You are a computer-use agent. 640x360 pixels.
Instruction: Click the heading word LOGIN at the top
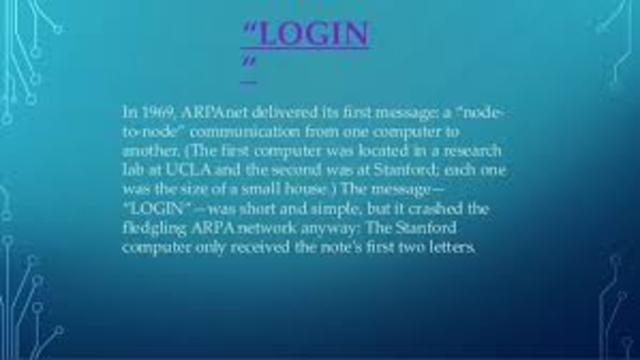pyautogui.click(x=312, y=36)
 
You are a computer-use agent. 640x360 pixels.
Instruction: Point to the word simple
pyautogui.click(x=354, y=203)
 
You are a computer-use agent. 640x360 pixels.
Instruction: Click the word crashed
pyautogui.click(x=453, y=203)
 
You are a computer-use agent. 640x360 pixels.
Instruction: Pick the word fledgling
pyautogui.click(x=155, y=221)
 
